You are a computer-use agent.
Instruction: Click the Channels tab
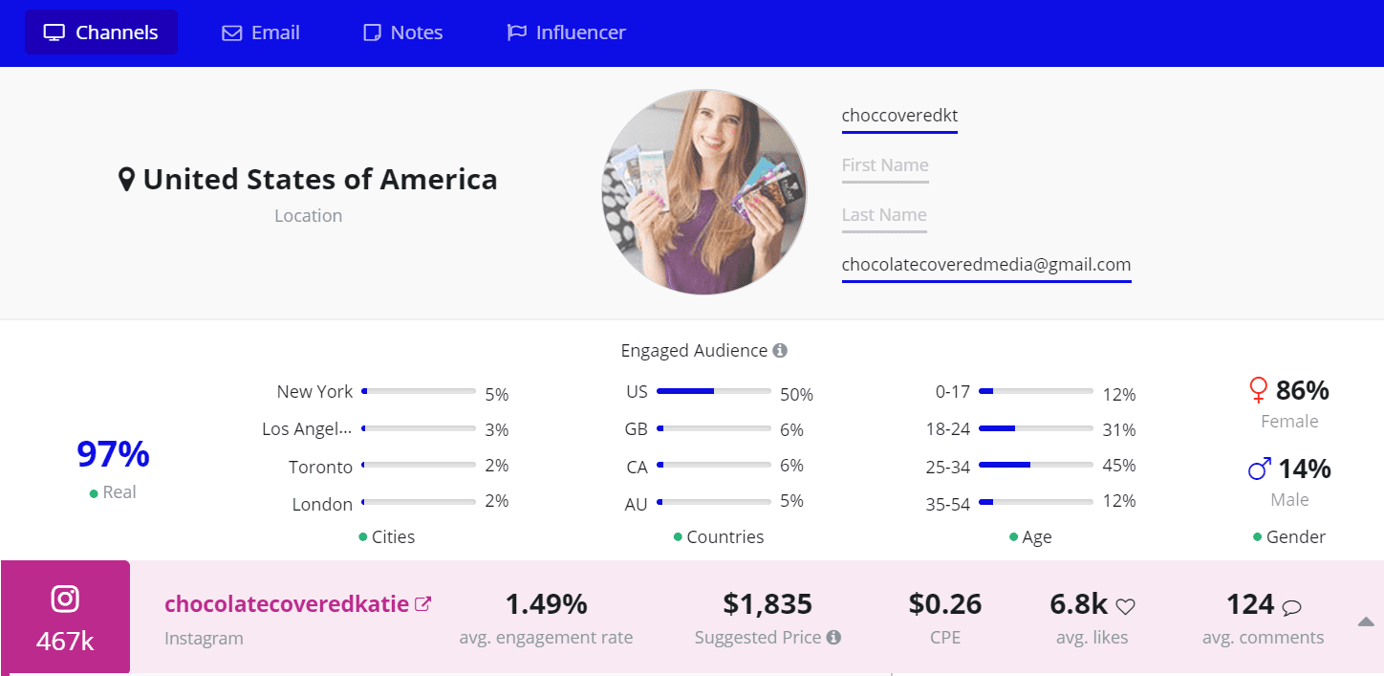[101, 33]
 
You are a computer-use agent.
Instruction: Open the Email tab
[261, 33]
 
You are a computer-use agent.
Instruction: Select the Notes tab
[403, 33]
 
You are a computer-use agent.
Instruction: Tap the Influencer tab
[566, 33]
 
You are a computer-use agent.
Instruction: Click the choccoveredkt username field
[899, 116]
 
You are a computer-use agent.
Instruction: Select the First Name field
[885, 165]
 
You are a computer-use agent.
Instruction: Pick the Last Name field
[884, 215]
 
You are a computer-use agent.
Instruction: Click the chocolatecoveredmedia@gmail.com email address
[985, 265]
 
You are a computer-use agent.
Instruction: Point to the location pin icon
[126, 180]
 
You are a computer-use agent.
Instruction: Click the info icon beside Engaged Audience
[780, 351]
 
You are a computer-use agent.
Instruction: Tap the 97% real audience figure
[113, 454]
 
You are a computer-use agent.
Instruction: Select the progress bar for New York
[419, 391]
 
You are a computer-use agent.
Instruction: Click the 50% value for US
[796, 395]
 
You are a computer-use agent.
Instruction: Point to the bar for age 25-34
[1036, 465]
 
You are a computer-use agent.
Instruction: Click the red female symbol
[1259, 390]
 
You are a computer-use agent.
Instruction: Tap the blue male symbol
[1260, 469]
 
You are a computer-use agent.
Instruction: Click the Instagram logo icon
[65, 600]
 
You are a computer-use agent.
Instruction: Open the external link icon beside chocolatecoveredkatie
[422, 604]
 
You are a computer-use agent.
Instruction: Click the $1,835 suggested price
[768, 604]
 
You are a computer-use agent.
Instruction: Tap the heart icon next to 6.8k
[1126, 606]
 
